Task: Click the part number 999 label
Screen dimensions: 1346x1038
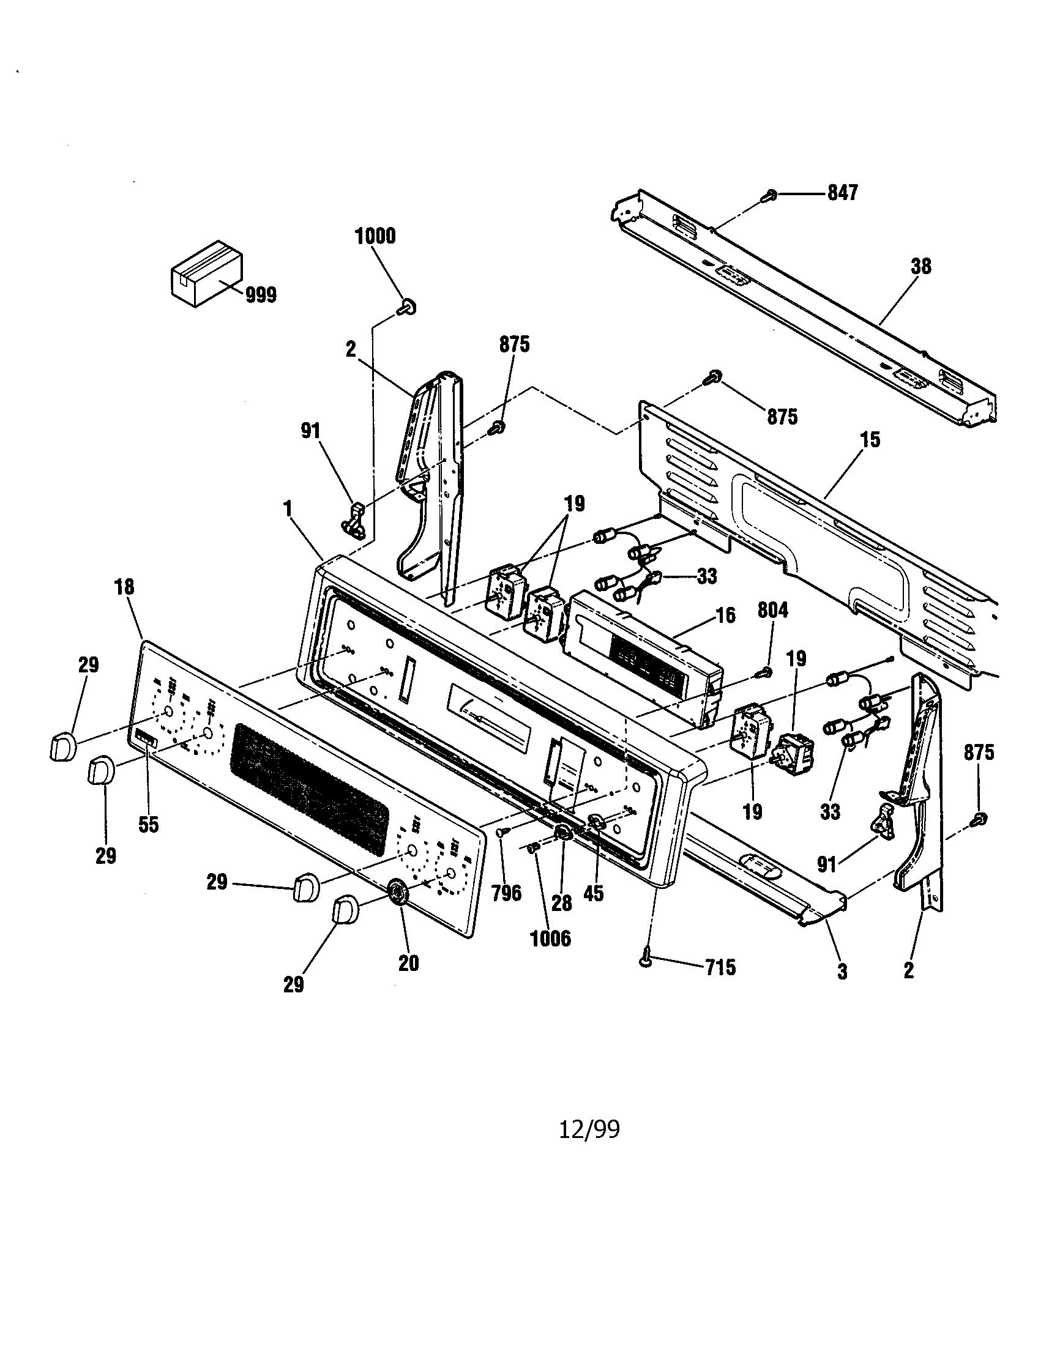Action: [261, 296]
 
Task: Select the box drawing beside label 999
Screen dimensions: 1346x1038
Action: [205, 273]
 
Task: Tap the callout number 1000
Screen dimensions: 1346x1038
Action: [375, 236]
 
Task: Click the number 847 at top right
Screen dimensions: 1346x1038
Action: [842, 193]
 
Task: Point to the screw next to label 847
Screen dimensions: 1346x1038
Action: [769, 195]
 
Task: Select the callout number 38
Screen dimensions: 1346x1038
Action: [920, 267]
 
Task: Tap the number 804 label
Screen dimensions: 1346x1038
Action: [772, 610]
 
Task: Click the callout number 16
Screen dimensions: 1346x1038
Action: [725, 614]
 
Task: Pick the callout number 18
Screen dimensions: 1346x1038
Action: [124, 587]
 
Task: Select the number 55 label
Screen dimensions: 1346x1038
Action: [149, 825]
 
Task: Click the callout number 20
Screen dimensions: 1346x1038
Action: [408, 962]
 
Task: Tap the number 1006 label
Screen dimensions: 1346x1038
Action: [550, 939]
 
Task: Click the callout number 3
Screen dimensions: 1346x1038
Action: [842, 972]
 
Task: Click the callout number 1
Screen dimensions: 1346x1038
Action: [287, 508]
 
